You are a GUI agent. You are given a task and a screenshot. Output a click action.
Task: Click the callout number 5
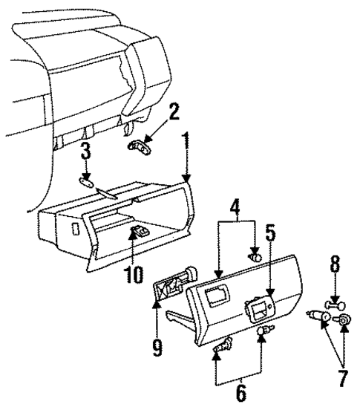271,235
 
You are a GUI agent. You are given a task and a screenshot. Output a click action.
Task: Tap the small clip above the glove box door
255,257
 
